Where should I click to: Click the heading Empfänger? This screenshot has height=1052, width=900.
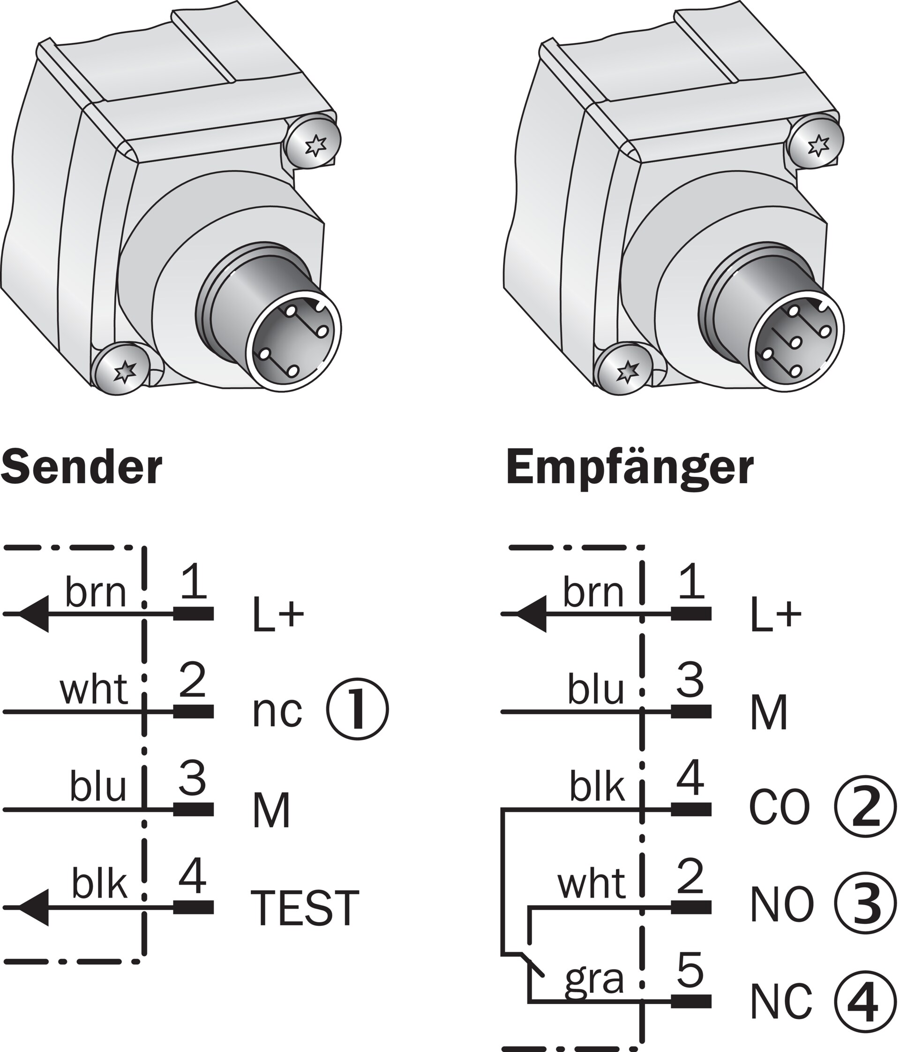tap(630, 468)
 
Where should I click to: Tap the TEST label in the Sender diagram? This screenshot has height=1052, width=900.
tap(305, 908)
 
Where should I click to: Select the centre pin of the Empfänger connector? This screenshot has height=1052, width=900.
tap(796, 343)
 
